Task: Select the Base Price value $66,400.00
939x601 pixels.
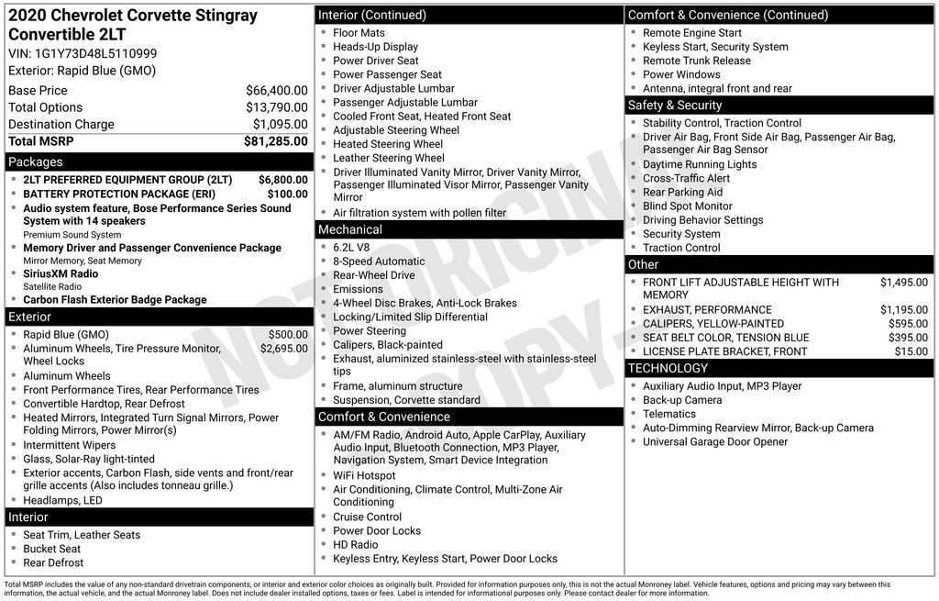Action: (x=276, y=91)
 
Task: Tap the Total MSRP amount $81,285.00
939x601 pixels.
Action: (x=275, y=141)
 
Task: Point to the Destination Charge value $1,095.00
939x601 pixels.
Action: (x=280, y=124)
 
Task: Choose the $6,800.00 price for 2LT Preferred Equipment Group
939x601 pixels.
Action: (x=283, y=180)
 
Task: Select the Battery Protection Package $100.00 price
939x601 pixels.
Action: (x=288, y=194)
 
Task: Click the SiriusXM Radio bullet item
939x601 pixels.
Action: (x=61, y=273)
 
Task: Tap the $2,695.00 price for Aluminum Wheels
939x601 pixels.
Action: (x=283, y=349)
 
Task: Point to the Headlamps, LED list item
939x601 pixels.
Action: (x=62, y=500)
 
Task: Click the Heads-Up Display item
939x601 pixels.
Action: (x=375, y=47)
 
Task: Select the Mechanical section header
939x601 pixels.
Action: (x=349, y=229)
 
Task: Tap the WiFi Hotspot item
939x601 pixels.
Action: (x=364, y=475)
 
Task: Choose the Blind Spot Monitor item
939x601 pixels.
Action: (x=687, y=206)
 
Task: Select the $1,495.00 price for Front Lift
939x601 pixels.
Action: (x=903, y=283)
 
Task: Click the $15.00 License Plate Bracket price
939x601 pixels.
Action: (x=911, y=351)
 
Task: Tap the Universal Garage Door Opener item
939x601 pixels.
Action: (x=715, y=441)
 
